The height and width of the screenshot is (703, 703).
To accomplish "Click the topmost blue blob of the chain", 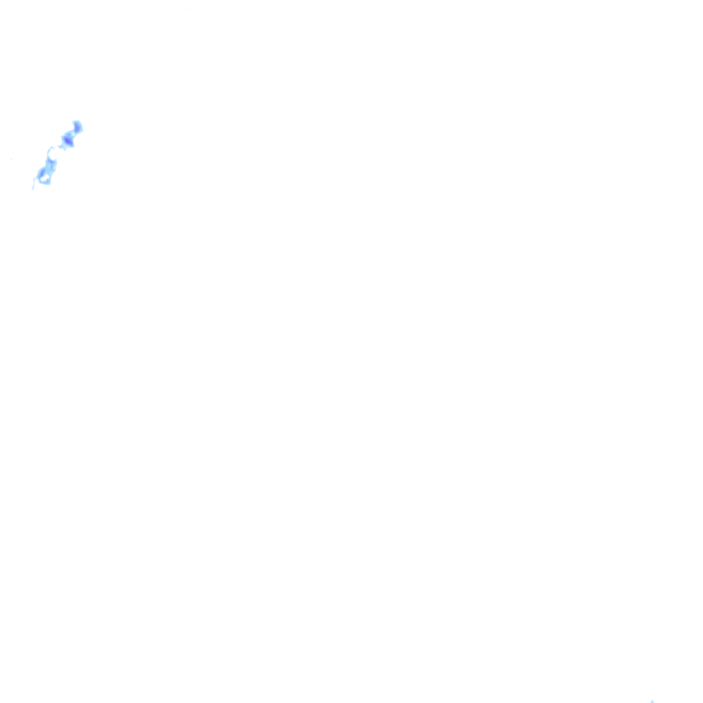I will [x=78, y=127].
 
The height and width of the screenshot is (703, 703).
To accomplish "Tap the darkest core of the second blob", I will [x=67, y=141].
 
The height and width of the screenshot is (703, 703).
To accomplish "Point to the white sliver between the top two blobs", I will [x=73, y=134].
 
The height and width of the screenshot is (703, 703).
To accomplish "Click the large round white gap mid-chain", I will [x=52, y=152].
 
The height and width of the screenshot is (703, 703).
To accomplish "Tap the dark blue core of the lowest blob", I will [x=43, y=172].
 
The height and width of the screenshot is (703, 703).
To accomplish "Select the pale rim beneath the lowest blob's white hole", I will [x=45, y=183].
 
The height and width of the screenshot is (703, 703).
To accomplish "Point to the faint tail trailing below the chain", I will [x=34, y=183].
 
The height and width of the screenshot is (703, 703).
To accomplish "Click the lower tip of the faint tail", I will [x=32, y=189].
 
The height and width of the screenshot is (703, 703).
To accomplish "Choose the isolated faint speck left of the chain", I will [x=12, y=159].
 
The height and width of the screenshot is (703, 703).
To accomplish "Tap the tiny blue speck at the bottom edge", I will [x=652, y=701].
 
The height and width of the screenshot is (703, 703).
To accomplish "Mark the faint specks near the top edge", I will [x=187, y=8].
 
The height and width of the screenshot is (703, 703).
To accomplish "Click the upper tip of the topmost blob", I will [x=77, y=122].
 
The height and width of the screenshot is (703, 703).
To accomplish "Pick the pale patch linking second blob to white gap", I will [x=60, y=146].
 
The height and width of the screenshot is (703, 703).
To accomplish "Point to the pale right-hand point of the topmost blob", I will [x=82, y=128].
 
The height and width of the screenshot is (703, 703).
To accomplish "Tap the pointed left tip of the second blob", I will [x=62, y=141].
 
